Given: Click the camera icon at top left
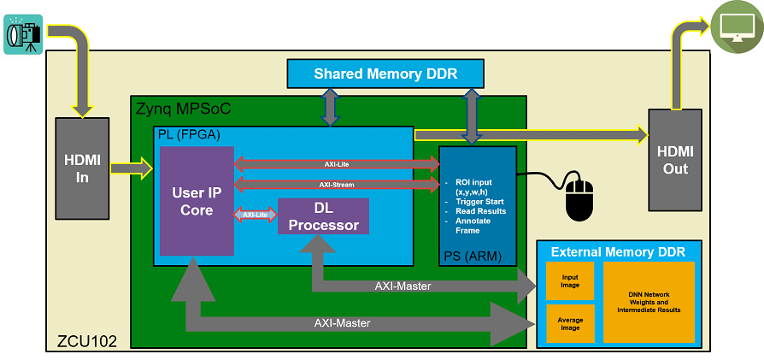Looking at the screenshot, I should point(23,34).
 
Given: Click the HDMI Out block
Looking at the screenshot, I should point(675,160).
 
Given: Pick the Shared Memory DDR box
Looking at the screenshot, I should point(385,74).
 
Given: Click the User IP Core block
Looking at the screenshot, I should point(197,202).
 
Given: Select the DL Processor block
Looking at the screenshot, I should point(323,215).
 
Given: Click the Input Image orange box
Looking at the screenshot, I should point(569,280).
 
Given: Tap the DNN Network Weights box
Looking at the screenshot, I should point(649,302).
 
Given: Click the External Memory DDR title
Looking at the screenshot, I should point(618,251).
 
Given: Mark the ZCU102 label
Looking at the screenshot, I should point(82,339).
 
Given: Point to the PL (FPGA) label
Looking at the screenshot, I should point(189,135).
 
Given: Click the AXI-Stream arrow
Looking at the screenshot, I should point(336,184).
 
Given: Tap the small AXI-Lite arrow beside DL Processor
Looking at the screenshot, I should point(256,215).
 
